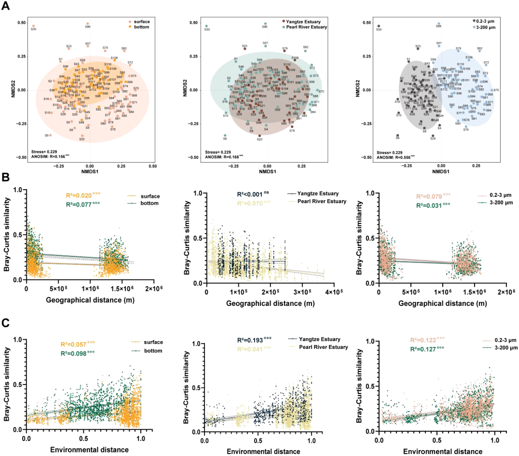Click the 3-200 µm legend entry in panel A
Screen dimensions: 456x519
pos(484,27)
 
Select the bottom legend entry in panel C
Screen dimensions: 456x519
pos(153,351)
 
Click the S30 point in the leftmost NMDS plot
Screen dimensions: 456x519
pos(33,26)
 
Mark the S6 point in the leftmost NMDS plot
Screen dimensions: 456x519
pos(50,135)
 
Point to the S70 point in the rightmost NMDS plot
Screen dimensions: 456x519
pos(492,90)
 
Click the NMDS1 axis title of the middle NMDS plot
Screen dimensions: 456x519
pos(267,172)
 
